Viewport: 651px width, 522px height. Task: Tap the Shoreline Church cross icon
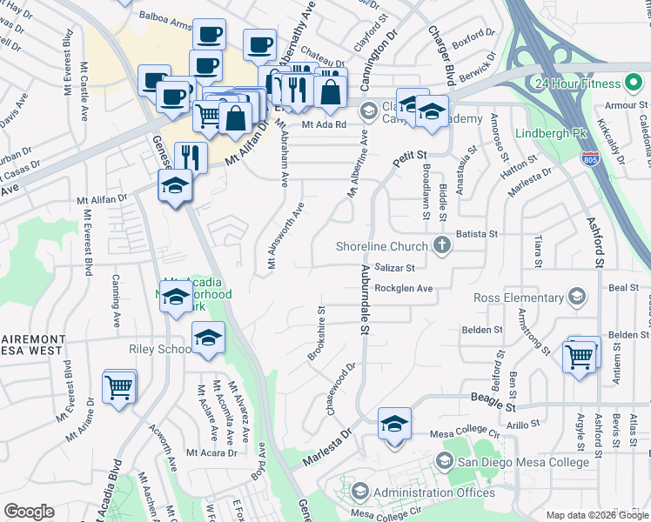click(x=442, y=246)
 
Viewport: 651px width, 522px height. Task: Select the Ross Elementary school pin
click(x=575, y=298)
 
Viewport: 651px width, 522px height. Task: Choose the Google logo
click(x=29, y=512)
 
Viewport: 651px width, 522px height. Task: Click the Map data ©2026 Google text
click(x=597, y=515)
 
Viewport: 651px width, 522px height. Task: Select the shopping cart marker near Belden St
click(x=580, y=355)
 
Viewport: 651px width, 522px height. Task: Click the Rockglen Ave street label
click(x=403, y=288)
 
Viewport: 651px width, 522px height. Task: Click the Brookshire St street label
click(x=317, y=333)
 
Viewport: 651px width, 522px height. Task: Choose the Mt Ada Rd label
click(x=324, y=124)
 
